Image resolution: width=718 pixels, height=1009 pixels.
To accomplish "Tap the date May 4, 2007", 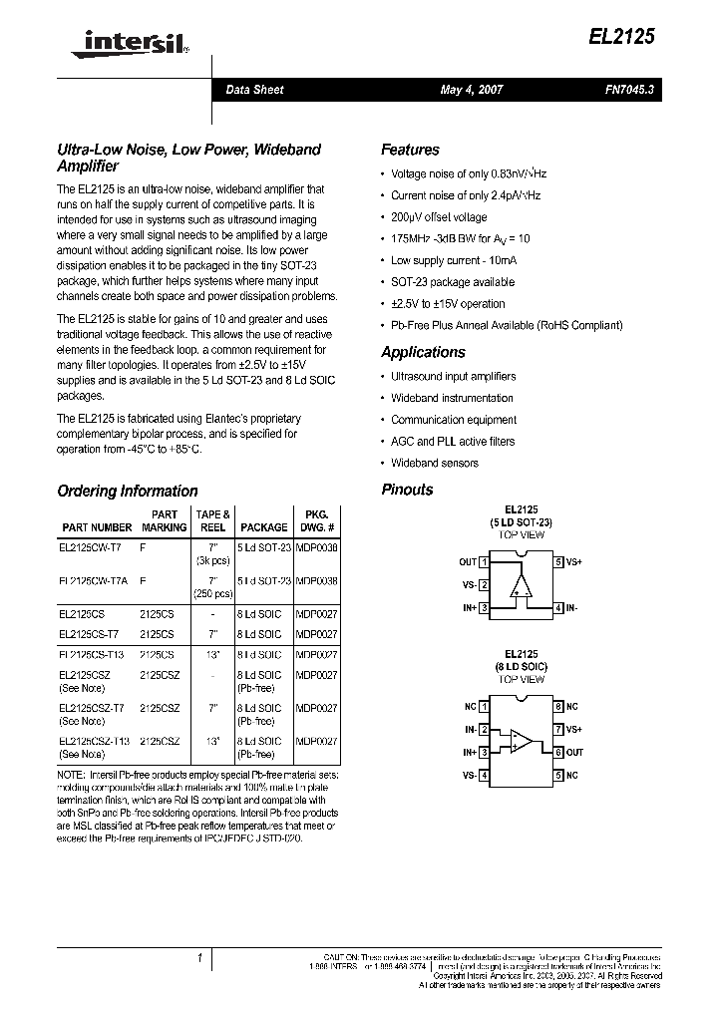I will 472,90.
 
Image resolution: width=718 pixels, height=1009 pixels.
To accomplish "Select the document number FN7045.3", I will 628,90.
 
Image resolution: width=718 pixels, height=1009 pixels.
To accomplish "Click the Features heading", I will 410,151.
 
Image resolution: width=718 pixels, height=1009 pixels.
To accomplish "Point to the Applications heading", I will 423,353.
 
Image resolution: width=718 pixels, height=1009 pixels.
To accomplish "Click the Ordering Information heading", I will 128,492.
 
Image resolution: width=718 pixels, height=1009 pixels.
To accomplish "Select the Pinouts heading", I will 407,490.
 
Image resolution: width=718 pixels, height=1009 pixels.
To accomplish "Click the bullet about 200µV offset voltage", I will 439,217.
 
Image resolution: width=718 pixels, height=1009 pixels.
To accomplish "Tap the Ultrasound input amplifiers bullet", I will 453,377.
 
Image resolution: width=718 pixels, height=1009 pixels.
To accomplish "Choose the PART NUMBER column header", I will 97,527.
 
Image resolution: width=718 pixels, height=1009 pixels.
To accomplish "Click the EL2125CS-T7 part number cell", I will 89,634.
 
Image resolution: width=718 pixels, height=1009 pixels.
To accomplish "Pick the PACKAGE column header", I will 263,527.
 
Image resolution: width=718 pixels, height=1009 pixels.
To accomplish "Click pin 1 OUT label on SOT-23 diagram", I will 468,562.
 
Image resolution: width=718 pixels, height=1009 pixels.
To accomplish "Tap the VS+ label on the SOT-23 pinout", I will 575,562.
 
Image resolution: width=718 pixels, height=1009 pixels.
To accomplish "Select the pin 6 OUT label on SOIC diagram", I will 574,753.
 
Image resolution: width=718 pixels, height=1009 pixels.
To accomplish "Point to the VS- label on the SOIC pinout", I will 469,776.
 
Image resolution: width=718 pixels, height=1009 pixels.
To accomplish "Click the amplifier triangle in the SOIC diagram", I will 521,741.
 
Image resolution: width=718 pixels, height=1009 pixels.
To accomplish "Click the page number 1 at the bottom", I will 199,958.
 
